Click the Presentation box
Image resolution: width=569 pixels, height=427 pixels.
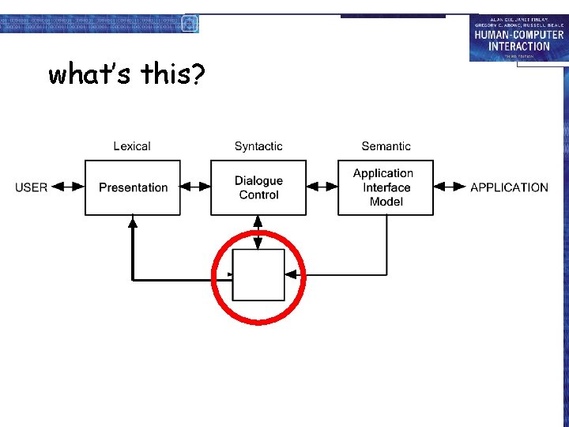(133, 187)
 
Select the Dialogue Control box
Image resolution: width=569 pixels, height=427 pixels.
(258, 187)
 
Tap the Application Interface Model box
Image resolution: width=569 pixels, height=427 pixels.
(386, 187)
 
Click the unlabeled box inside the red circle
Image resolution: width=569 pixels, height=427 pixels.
(258, 275)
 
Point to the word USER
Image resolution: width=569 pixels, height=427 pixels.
(32, 187)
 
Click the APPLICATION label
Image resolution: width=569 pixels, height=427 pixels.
(509, 187)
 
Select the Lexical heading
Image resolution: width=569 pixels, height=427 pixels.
(132, 146)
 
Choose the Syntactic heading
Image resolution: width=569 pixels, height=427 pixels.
(258, 146)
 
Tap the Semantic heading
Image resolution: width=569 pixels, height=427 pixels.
(386, 146)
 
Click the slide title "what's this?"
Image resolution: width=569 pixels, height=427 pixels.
(126, 74)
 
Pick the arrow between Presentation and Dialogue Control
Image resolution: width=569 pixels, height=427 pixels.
(195, 187)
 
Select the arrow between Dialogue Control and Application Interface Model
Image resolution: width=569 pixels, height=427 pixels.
(322, 187)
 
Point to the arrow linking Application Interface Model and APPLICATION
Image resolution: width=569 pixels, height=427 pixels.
(450, 187)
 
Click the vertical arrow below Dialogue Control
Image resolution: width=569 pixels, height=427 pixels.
(258, 232)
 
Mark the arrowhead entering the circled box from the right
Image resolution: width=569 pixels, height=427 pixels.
(291, 274)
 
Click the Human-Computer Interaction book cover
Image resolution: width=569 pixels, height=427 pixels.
(518, 38)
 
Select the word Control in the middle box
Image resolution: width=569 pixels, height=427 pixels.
(258, 195)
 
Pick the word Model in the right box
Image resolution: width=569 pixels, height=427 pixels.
(386, 202)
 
